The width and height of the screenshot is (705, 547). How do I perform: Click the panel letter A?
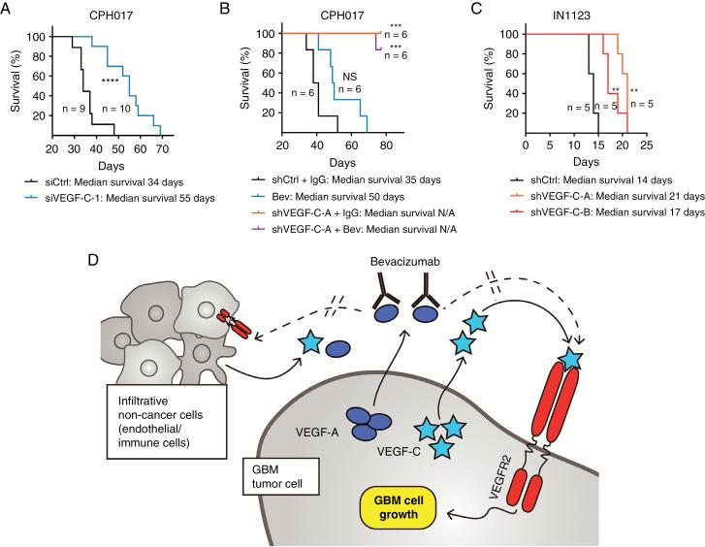point(9,10)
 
